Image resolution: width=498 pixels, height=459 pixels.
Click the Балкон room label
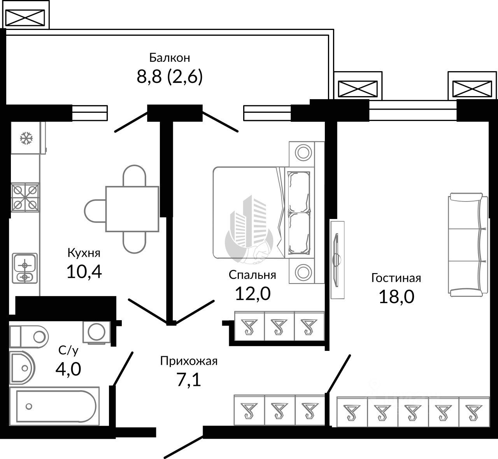pyautogui.click(x=170, y=58)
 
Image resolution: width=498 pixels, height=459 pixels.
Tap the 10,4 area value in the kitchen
pyautogui.click(x=84, y=272)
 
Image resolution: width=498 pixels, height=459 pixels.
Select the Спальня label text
pyautogui.click(x=252, y=275)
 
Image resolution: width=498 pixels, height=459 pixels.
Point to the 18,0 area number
pyautogui.click(x=396, y=297)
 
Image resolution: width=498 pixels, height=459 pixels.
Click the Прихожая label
pyautogui.click(x=189, y=361)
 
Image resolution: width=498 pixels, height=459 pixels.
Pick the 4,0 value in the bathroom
pyautogui.click(x=68, y=369)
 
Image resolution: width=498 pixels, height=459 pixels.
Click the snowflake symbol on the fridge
pyautogui.click(x=26, y=138)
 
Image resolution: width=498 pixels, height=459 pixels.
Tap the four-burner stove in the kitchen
pyautogui.click(x=25, y=198)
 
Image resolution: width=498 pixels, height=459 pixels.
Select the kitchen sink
pyautogui.click(x=25, y=268)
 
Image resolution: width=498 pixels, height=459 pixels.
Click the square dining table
pyautogui.click(x=132, y=208)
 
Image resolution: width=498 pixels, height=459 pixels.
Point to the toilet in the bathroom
pyautogui.click(x=29, y=337)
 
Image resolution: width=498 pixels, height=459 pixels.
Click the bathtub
pyautogui.click(x=54, y=406)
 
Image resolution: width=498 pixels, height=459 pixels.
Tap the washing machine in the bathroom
pyautogui.click(x=97, y=332)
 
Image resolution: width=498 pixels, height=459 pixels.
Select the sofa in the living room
pyautogui.click(x=468, y=245)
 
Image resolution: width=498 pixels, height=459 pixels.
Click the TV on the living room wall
pyautogui.click(x=336, y=260)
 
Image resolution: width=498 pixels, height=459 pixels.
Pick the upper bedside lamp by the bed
pyautogui.click(x=303, y=153)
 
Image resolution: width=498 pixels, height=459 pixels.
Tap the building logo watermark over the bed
pyautogui.click(x=249, y=229)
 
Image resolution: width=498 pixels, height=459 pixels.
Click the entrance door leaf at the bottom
pyautogui.click(x=183, y=447)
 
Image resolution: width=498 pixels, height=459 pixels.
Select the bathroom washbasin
pyautogui.click(x=22, y=368)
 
